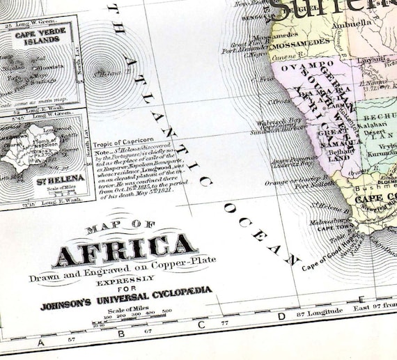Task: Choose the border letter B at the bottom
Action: pos(120,337)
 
